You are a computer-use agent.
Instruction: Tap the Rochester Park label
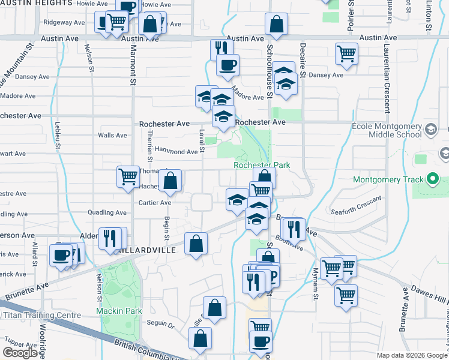tap(262, 165)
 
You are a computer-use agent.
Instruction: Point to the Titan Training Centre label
tap(41, 315)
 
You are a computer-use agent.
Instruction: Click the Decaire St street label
tap(303, 60)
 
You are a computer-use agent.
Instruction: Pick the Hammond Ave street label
tap(176, 151)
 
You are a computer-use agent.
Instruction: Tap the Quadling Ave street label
tap(107, 212)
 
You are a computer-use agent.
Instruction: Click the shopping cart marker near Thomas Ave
tap(128, 177)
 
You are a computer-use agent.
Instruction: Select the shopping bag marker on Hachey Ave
tap(170, 180)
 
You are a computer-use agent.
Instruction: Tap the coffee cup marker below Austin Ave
tap(228, 65)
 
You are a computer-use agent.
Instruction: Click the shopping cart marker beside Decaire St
tap(347, 53)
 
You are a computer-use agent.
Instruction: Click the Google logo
tap(20, 353)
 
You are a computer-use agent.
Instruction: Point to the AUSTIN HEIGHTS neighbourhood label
tap(36, 3)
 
